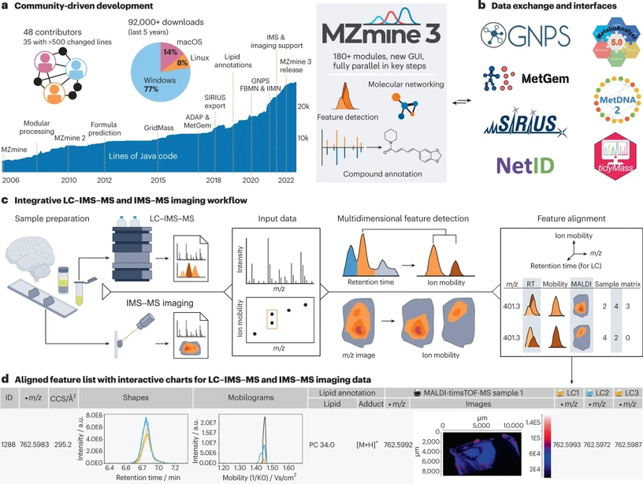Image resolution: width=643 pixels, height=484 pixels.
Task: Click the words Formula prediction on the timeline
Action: pos(104,129)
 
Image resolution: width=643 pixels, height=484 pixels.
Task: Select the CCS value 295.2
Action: pos(60,443)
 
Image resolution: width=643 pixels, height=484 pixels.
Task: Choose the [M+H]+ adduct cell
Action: pos(362,443)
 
